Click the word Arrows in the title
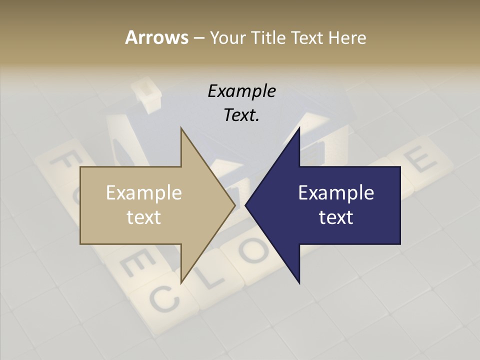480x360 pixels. pos(156,37)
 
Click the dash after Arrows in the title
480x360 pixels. pos(198,37)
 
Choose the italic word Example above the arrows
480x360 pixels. pos(241,91)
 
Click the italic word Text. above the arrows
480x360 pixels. pos(241,115)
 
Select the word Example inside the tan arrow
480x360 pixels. pos(144,193)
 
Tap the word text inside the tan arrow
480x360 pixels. pos(144,217)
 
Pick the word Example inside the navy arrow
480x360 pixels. pos(336,193)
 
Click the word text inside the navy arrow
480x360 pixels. pos(336,217)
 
